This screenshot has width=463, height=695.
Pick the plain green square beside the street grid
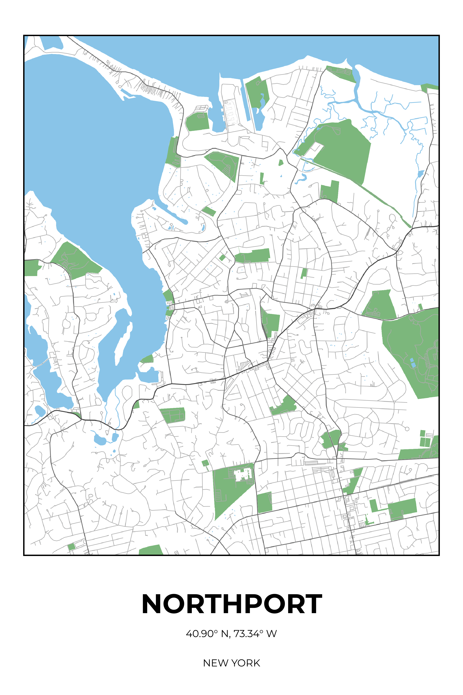point(264,502)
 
